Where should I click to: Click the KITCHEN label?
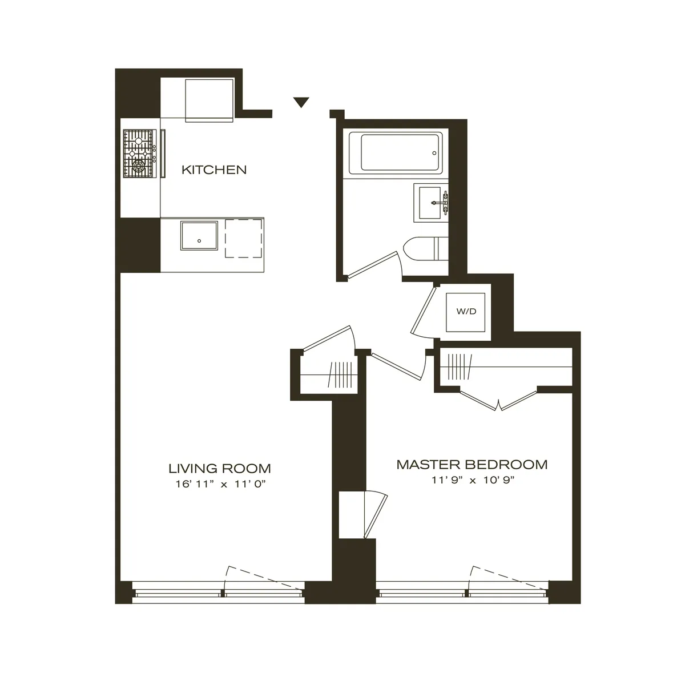pyautogui.click(x=214, y=170)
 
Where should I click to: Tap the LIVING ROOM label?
pyautogui.click(x=219, y=468)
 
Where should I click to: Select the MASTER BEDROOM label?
pyautogui.click(x=472, y=464)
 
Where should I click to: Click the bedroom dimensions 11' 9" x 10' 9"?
pyautogui.click(x=473, y=480)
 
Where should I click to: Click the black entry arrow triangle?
pyautogui.click(x=301, y=102)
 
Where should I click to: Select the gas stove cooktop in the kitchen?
pyautogui.click(x=139, y=154)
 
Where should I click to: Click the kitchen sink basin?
pyautogui.click(x=199, y=236)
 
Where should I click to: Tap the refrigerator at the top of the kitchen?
pyautogui.click(x=209, y=100)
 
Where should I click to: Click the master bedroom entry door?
pyautogui.click(x=398, y=366)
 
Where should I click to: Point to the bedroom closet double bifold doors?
pyautogui.click(x=499, y=400)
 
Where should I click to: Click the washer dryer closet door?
pyautogui.click(x=423, y=311)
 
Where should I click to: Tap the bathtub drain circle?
pyautogui.click(x=434, y=153)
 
